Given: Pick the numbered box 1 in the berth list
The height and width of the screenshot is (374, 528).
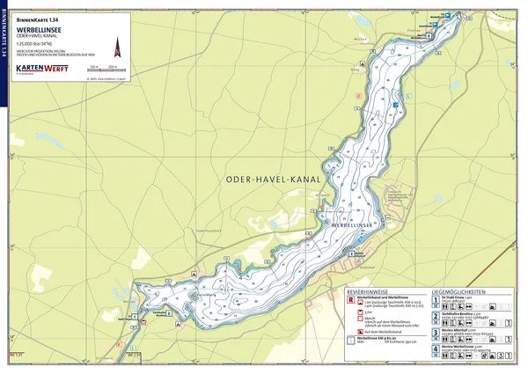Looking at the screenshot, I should coord(436,300).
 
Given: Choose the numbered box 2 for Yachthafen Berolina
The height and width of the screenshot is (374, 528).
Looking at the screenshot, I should coord(436,316).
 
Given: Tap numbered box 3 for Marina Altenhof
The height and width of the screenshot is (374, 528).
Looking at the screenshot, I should coord(436,333).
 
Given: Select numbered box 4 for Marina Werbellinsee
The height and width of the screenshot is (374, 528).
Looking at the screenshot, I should coord(436,350).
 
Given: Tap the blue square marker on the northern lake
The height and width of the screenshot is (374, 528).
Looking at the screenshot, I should coord(398,105).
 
